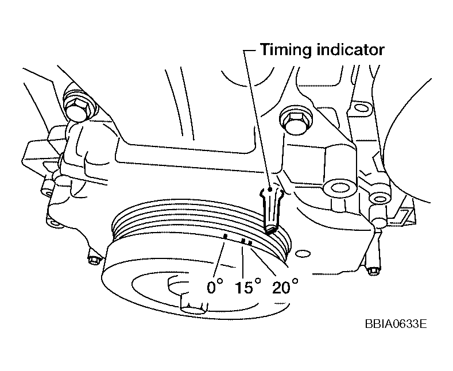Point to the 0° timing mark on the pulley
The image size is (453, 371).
226,236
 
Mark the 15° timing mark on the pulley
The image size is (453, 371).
243,242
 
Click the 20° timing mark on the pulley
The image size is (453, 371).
250,244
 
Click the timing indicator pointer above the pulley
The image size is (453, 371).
270,209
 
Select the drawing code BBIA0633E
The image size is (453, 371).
395,324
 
